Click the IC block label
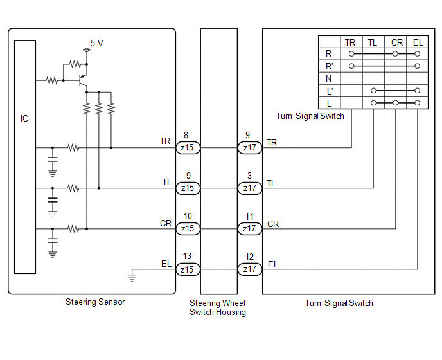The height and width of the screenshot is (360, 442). [24, 118]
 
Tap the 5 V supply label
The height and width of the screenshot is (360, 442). [96, 43]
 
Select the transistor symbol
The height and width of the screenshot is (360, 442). [83, 81]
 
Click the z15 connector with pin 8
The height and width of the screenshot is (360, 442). [188, 148]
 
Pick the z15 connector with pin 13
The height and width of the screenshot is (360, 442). [188, 269]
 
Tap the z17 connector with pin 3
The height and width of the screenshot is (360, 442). [250, 188]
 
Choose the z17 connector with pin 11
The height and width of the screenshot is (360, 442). [250, 229]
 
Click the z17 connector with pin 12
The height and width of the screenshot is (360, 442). [250, 269]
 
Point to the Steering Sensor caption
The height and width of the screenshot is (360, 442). [95, 302]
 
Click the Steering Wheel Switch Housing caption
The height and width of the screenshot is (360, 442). [218, 307]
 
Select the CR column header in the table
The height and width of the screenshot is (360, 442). [397, 42]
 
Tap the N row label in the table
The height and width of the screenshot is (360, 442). [328, 78]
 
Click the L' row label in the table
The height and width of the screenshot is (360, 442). [330, 91]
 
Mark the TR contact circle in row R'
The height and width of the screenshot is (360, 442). [351, 66]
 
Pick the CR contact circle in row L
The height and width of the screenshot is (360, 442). [396, 103]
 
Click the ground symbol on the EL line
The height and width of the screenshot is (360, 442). [132, 278]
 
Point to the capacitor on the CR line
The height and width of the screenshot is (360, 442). [53, 240]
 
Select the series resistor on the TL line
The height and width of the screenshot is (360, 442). [74, 188]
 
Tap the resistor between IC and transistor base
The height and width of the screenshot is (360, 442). [52, 81]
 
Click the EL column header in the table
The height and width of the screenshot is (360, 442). [418, 42]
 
